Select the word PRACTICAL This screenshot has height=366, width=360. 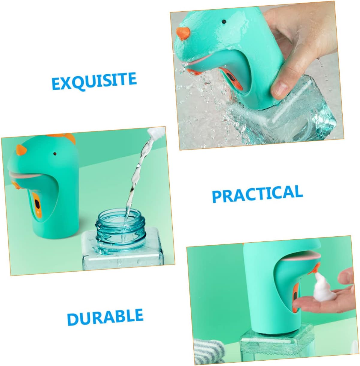coord(257,194)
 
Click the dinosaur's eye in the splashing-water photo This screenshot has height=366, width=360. coord(224,22)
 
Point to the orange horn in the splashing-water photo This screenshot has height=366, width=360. coord(183,34)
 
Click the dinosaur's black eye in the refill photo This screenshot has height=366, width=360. coord(55,154)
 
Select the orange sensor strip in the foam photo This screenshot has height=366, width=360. coord(295,292)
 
